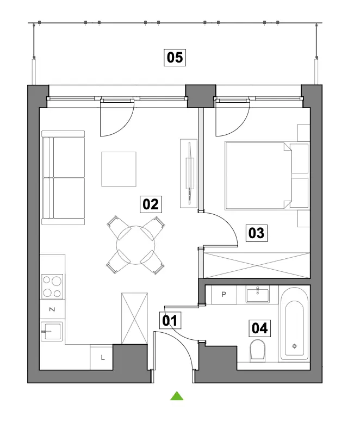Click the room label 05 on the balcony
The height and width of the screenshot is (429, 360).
175,58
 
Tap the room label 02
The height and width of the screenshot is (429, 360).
151,204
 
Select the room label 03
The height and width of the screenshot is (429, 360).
256,233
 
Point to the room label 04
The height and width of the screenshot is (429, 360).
259,328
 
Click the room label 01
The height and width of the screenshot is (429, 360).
170,320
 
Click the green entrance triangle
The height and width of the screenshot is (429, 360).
177,396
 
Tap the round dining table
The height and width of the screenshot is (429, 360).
135,245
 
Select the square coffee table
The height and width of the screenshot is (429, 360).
119,169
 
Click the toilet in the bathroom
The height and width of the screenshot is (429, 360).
257,351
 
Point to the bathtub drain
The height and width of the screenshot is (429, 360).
294,346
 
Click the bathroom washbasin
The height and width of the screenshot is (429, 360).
257,294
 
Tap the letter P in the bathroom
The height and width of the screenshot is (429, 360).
224,294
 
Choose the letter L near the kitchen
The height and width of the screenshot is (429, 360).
103,358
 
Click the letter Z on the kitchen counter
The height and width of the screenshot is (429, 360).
52,309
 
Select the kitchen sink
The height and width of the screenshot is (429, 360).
52,331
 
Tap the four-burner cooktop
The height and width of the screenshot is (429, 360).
52,287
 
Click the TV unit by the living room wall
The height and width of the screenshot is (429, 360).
189,173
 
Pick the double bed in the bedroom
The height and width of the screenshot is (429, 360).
266,176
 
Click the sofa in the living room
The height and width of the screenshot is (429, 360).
63,178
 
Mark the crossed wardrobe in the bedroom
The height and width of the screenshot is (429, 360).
257,265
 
